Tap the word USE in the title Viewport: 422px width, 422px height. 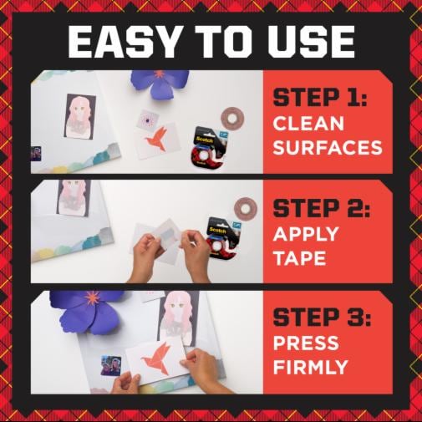(x=309, y=41)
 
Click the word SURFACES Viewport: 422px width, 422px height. (x=327, y=148)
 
